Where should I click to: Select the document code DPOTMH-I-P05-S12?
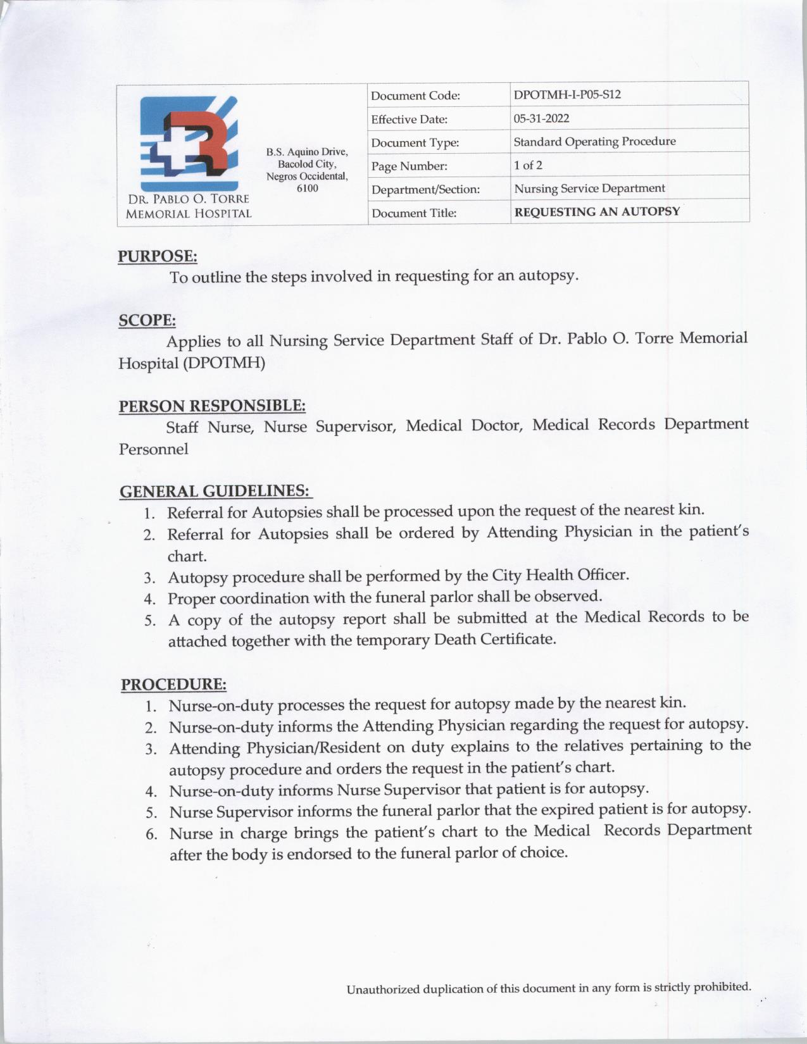tap(567, 95)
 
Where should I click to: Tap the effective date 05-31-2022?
tap(541, 118)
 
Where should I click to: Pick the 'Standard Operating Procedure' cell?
tap(594, 142)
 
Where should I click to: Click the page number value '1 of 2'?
tap(528, 165)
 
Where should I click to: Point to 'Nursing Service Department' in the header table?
tap(589, 189)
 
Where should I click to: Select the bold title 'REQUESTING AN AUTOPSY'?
tap(597, 212)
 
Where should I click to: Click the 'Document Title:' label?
tap(413, 213)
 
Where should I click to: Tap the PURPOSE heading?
tap(158, 256)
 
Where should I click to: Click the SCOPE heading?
tap(147, 320)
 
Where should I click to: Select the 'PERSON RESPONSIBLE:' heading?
tap(212, 406)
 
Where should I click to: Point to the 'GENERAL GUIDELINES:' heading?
tap(215, 491)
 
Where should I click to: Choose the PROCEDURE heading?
tap(173, 685)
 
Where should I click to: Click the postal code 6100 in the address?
tap(307, 189)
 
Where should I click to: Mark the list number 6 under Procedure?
tap(151, 833)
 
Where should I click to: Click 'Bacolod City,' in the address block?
tap(307, 164)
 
